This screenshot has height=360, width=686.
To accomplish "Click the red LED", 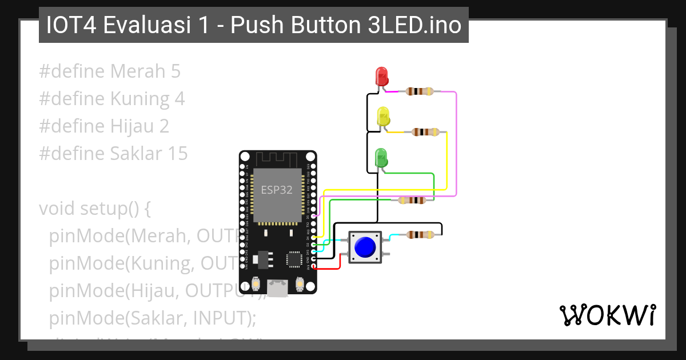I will click(x=381, y=76).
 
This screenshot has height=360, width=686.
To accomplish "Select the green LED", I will click(x=380, y=157).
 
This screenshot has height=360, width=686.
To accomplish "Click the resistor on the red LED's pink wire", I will click(x=419, y=91).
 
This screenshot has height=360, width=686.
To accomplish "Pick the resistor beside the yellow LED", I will click(x=426, y=132).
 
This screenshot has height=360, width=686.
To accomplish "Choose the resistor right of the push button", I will click(x=420, y=234).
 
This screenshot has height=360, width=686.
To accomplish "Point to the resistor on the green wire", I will click(x=412, y=200).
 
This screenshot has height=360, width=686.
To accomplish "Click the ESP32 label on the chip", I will click(x=277, y=190).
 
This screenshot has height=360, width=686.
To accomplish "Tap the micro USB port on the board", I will click(x=278, y=288).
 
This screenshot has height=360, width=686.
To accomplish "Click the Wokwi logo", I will click(x=607, y=315).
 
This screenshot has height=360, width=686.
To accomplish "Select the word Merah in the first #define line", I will click(x=137, y=71).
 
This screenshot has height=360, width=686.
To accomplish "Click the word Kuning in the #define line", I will click(x=141, y=99).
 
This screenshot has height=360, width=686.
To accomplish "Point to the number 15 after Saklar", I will click(x=177, y=154).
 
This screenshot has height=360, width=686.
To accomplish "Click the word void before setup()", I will click(x=57, y=209).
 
